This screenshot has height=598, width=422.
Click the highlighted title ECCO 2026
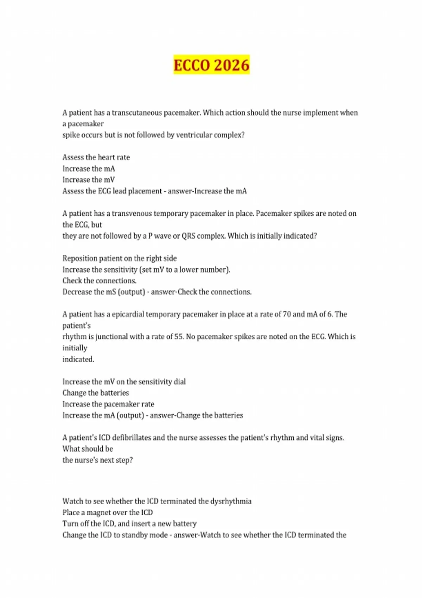211,65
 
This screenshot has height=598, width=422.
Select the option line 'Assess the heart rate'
96,157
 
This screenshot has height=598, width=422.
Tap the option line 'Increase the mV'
89,180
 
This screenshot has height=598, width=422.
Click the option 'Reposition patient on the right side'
120,258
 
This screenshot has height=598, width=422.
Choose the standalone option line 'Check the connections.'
100,281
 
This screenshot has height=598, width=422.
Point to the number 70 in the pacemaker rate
287,314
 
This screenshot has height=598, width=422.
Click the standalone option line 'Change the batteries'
96,393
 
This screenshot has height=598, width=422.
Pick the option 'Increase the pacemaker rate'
108,404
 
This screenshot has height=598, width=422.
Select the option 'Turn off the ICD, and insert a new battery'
129,524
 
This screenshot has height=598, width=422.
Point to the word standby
136,535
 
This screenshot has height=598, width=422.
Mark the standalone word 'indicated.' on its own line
78,359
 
